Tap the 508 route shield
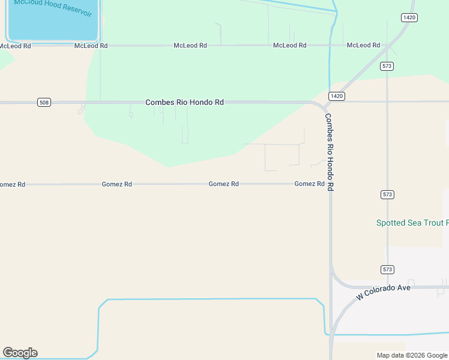pyautogui.click(x=43, y=103)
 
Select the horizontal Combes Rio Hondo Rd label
pyautogui.click(x=184, y=103)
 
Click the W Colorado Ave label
pyautogui.click(x=383, y=292)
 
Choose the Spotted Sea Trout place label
pyautogui.click(x=412, y=223)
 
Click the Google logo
pyautogui.click(x=20, y=353)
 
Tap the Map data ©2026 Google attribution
pyautogui.click(x=412, y=355)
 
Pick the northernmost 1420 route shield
pyautogui.click(x=409, y=17)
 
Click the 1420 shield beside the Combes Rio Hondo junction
pyautogui.click(x=336, y=96)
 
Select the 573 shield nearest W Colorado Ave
pyautogui.click(x=387, y=270)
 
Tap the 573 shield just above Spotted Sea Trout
pyautogui.click(x=387, y=194)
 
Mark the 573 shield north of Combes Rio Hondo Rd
pyautogui.click(x=387, y=66)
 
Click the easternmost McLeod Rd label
pyautogui.click(x=363, y=45)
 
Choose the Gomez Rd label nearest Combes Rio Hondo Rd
pyautogui.click(x=309, y=184)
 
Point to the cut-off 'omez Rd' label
pyautogui.click(x=12, y=184)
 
